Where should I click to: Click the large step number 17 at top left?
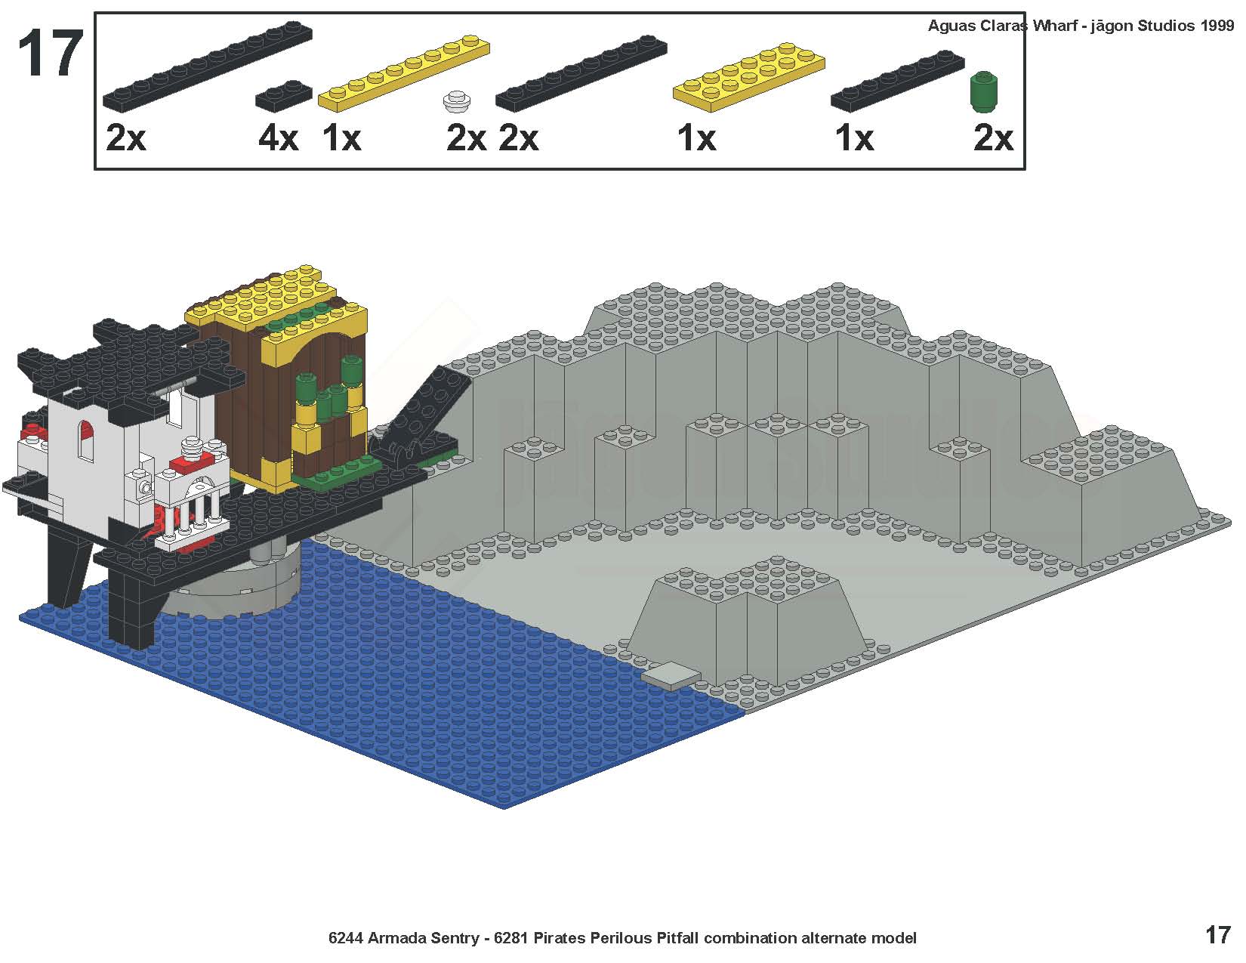pos(51,54)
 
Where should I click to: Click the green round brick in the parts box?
pos(984,91)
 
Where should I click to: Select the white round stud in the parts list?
pos(457,101)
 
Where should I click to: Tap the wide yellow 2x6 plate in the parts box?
pos(748,76)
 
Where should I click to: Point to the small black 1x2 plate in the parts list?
pos(284,95)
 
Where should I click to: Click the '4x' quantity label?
pos(278,138)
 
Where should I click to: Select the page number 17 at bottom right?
pos(1218,935)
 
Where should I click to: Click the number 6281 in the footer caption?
pos(511,938)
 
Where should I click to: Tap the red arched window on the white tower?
pos(86,439)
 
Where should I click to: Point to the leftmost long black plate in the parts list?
pos(208,66)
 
